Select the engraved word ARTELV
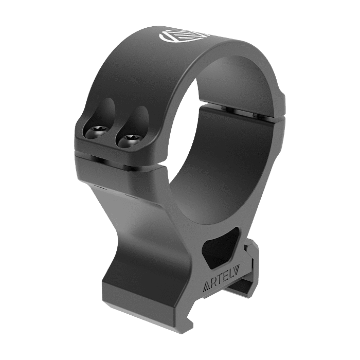tap(221, 281)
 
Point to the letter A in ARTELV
tap(206, 289)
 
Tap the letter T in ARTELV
tap(219, 281)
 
